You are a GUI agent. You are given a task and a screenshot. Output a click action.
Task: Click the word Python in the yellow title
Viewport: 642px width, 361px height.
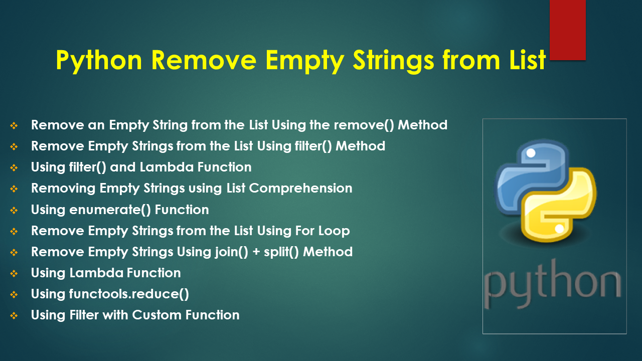(99, 61)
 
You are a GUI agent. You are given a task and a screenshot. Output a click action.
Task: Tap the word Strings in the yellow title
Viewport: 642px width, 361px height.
(393, 61)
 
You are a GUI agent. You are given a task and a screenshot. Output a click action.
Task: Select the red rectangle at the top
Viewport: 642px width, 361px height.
(567, 30)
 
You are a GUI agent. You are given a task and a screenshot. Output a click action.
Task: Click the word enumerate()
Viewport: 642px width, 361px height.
(110, 210)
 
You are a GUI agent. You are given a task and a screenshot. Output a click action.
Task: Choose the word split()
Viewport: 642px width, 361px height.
(281, 252)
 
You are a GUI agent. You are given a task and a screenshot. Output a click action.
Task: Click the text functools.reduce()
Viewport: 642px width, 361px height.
(129, 294)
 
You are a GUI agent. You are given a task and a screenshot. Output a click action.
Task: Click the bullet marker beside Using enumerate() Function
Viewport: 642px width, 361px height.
(14, 210)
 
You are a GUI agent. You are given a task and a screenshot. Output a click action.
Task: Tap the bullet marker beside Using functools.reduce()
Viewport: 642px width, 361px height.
(14, 294)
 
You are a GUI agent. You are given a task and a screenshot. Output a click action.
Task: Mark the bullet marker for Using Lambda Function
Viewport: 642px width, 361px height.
(14, 274)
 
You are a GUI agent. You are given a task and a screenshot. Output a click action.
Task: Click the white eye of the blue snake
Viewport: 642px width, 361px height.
(531, 153)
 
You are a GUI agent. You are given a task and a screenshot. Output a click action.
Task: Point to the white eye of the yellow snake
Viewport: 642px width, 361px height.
(559, 229)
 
